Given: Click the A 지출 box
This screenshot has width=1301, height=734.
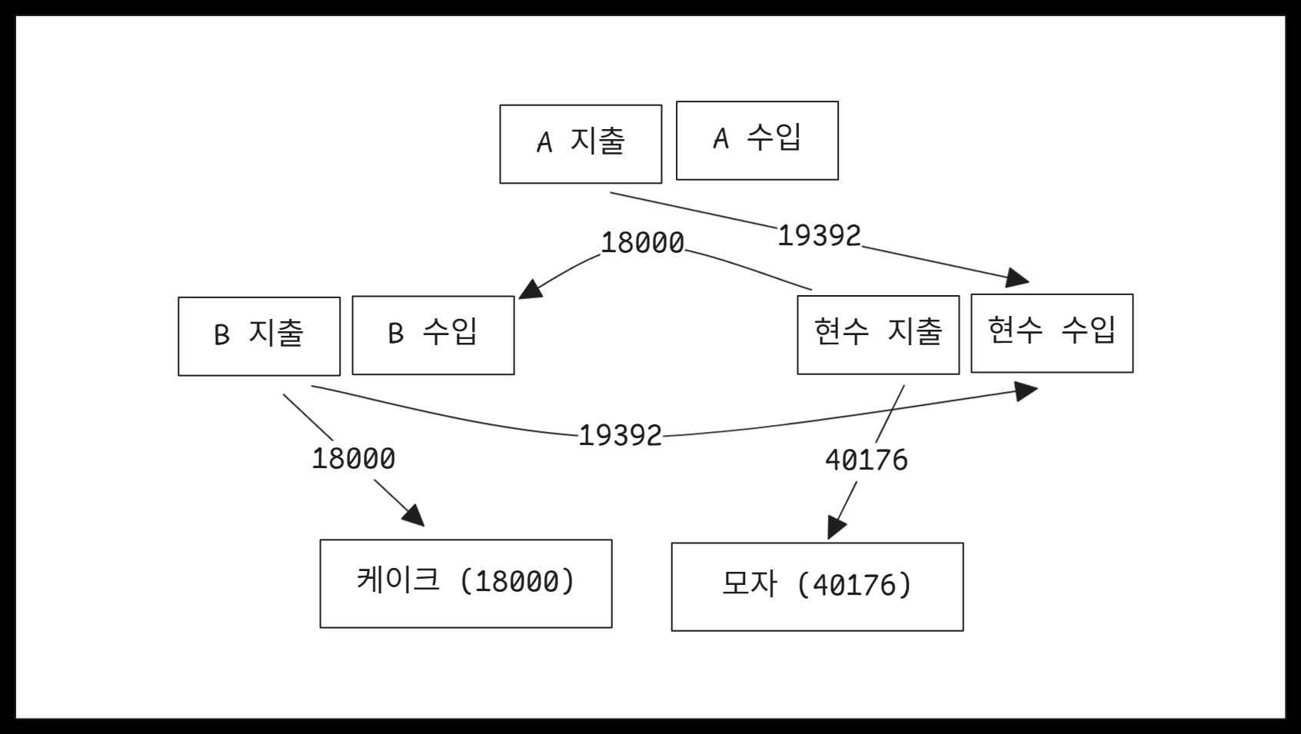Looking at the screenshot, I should tap(581, 144).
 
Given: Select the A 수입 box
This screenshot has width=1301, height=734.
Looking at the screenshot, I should tap(757, 141).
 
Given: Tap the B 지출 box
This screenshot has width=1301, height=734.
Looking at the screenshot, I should tap(258, 336).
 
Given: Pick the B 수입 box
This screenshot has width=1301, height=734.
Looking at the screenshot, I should tap(433, 335).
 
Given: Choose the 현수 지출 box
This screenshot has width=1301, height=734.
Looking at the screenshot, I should tap(877, 334).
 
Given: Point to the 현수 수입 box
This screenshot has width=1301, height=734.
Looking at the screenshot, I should tap(1051, 333).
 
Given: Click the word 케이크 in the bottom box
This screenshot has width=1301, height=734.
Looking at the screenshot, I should tap(398, 580).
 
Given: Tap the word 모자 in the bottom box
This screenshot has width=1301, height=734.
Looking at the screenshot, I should tap(749, 584).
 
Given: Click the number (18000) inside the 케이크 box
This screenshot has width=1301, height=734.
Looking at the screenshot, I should tap(517, 582).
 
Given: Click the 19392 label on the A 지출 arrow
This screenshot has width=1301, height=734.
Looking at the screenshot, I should tap(819, 235).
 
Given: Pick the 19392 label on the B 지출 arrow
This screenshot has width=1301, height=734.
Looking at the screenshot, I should tap(620, 436).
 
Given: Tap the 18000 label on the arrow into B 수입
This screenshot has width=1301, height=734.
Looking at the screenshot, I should tap(642, 243).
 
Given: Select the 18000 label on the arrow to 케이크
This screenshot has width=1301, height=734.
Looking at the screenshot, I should tap(353, 459).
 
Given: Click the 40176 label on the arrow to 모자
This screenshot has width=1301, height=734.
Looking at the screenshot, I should tap(866, 460).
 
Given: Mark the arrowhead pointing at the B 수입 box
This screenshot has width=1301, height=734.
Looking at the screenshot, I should tap(530, 290).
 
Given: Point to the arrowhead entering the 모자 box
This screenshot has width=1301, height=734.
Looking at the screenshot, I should tap(835, 528).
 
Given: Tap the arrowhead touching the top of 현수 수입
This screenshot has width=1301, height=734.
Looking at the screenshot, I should tap(1018, 277).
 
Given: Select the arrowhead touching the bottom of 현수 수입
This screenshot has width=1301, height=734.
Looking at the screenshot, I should tap(1026, 391).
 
